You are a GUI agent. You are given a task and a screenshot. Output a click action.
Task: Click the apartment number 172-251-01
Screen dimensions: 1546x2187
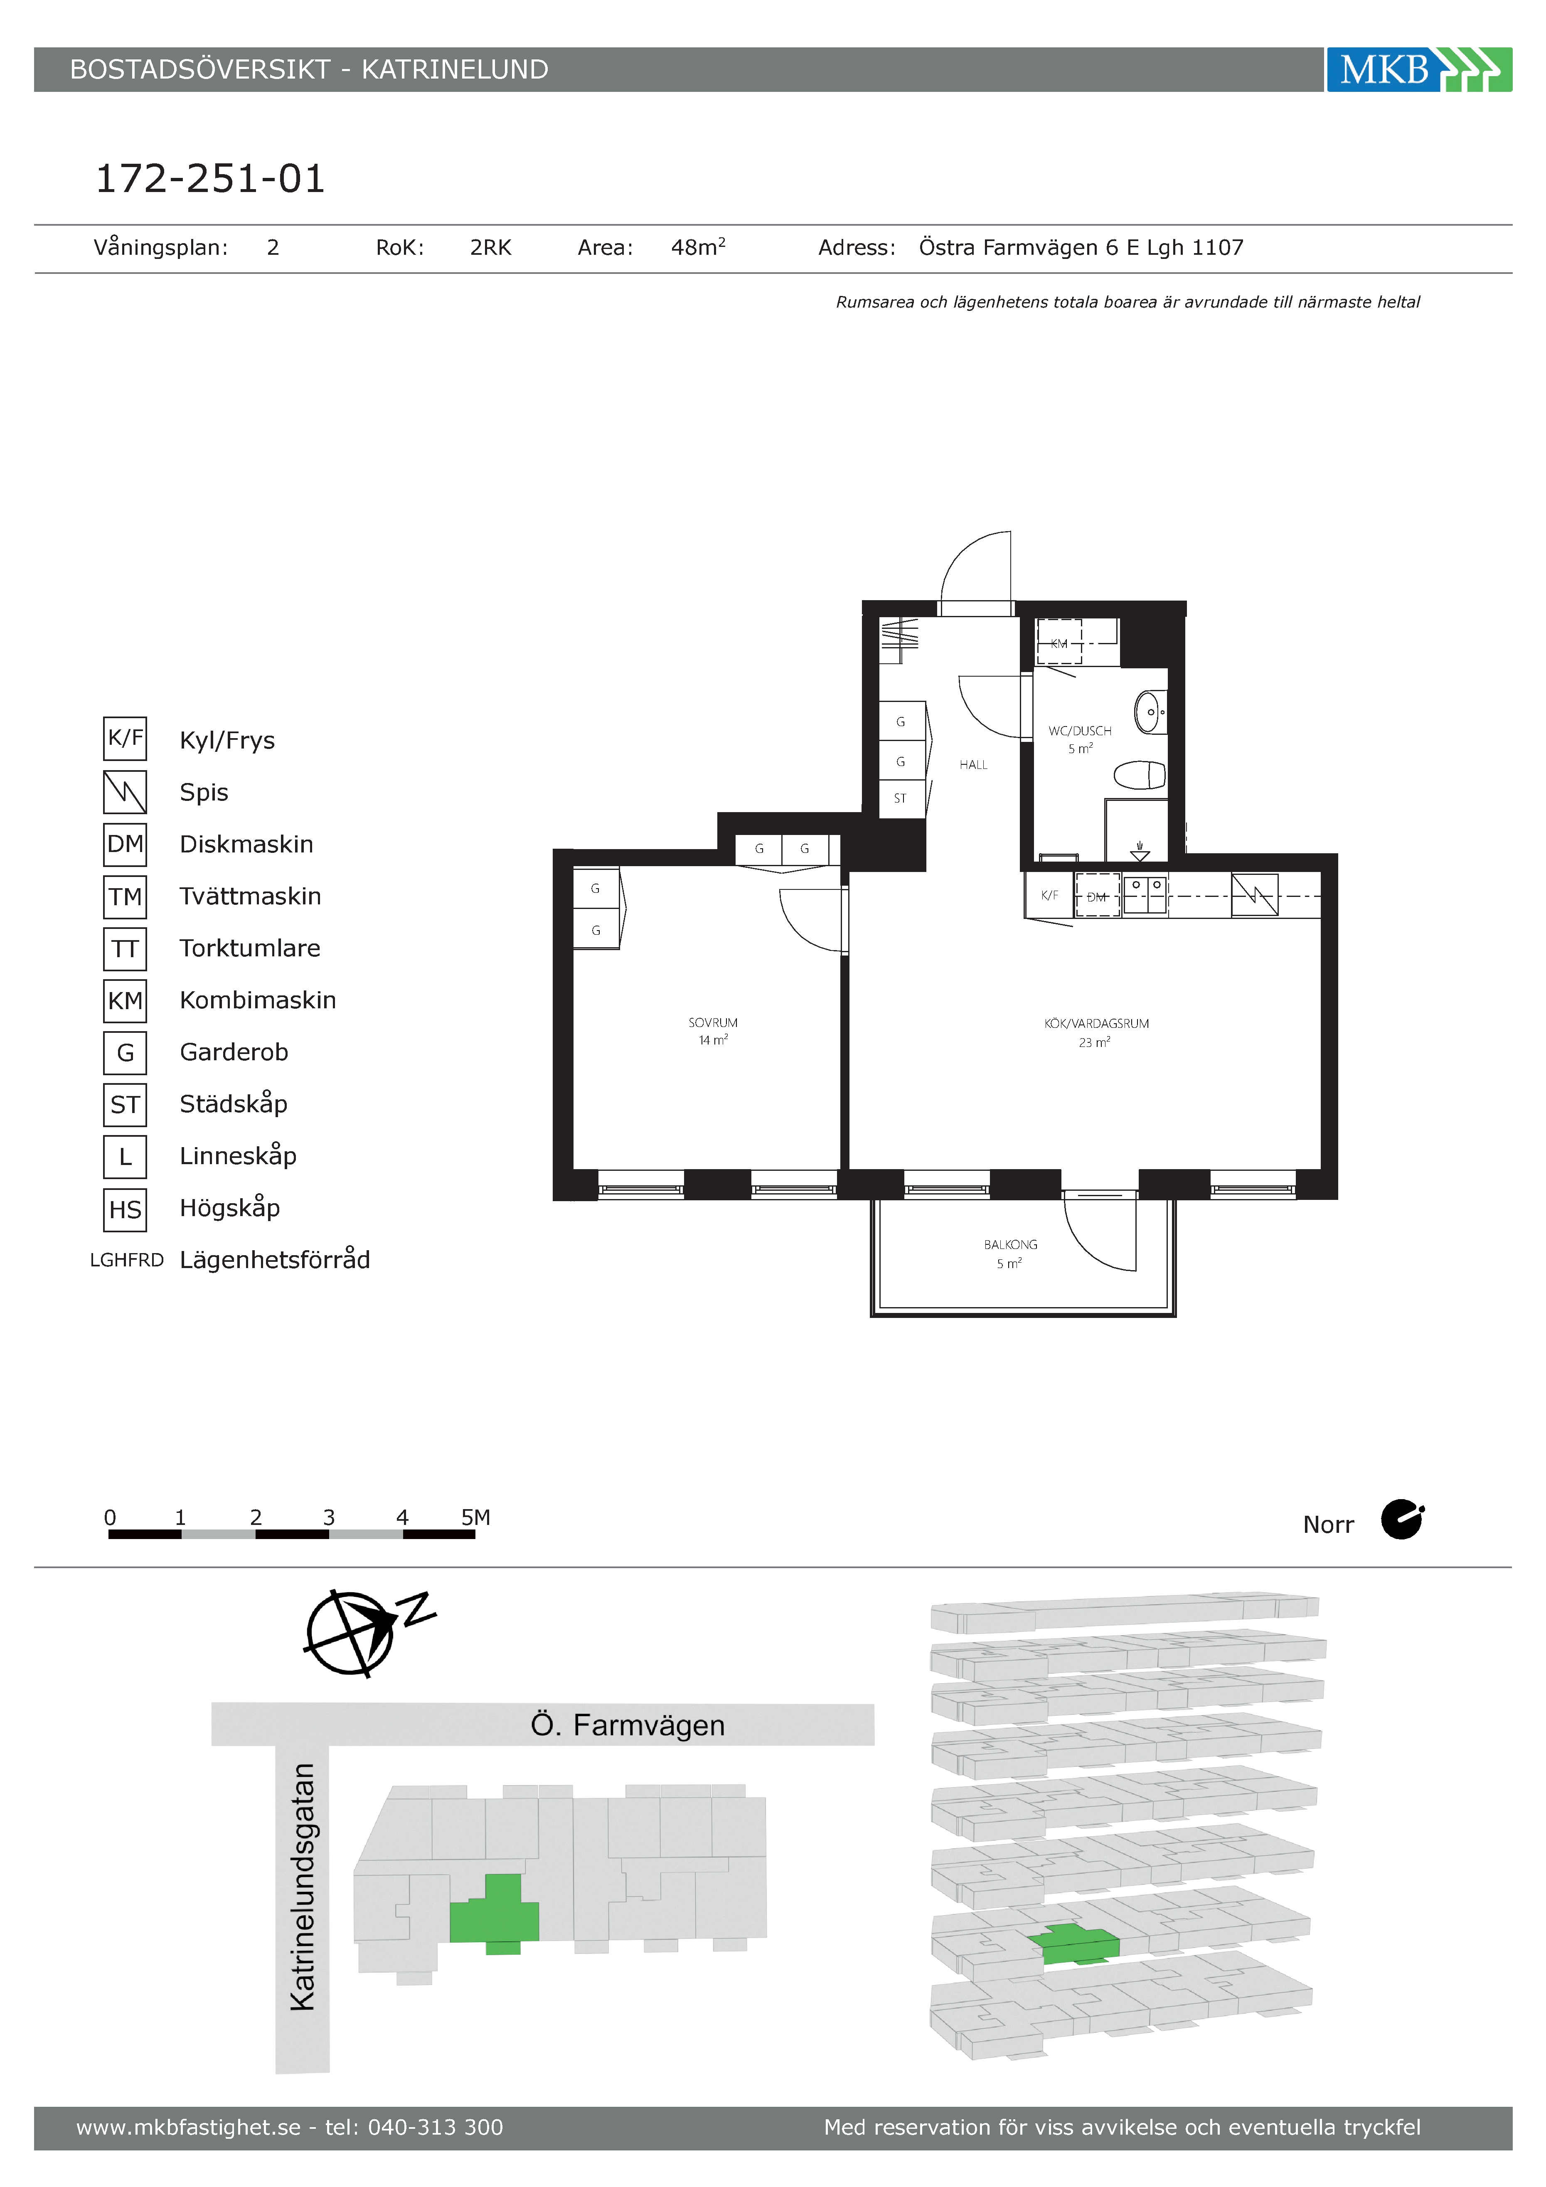point(211,178)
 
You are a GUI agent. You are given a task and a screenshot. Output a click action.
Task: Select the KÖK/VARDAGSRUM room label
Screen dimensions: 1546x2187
point(1096,1023)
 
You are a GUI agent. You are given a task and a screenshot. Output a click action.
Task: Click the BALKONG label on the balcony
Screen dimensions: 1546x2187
point(1011,1244)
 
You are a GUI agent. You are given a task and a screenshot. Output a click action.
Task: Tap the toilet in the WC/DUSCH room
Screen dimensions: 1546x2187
point(1140,776)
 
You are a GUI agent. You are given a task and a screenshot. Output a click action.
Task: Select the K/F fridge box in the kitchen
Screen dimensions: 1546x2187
point(1050,895)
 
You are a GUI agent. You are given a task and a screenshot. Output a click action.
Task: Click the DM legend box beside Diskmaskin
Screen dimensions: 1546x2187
point(125,844)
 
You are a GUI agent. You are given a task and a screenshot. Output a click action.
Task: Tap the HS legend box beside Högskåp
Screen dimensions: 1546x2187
point(125,1209)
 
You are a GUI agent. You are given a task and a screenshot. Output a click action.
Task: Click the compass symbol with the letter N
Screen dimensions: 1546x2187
point(367,1631)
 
